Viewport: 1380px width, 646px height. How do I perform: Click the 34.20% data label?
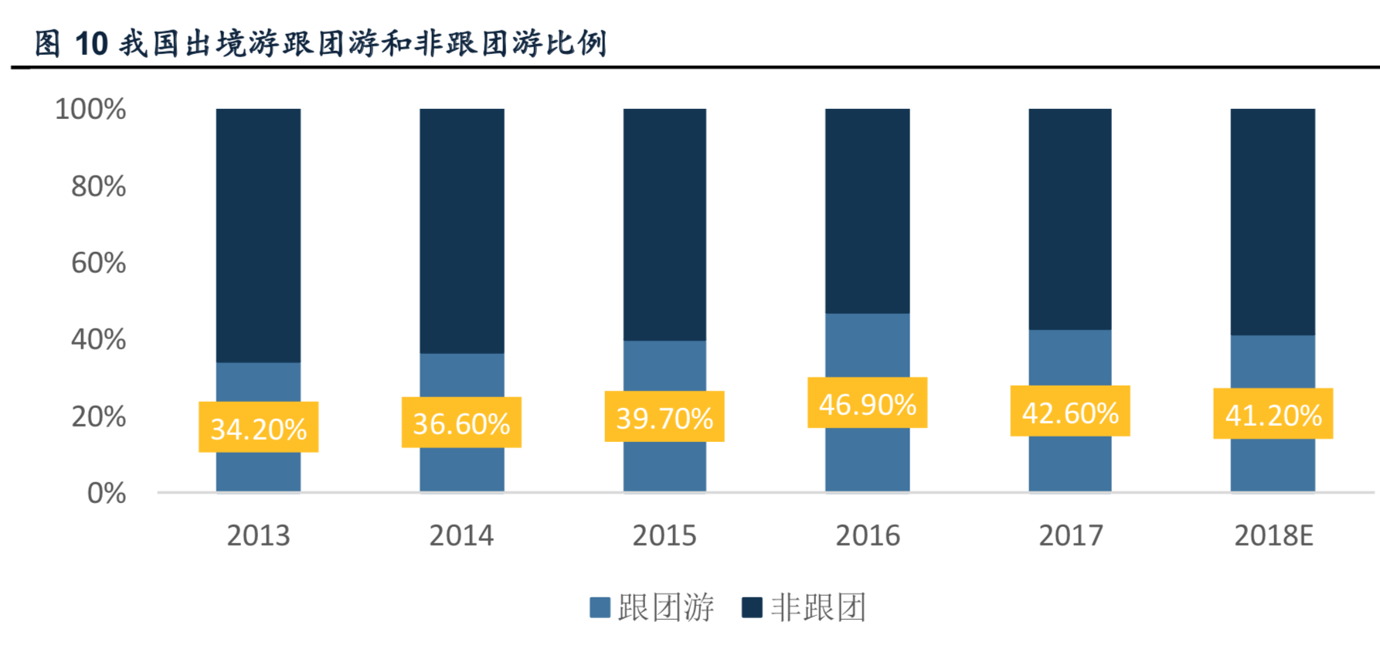click(258, 427)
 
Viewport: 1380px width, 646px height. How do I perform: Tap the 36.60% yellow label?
click(461, 423)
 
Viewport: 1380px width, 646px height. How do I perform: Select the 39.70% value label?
click(665, 417)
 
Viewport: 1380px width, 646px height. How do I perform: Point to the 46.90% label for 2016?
click(867, 403)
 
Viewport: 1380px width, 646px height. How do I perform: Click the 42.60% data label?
click(1070, 412)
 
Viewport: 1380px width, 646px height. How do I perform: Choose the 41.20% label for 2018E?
click(1273, 414)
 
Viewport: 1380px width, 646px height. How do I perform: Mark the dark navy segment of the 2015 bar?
click(665, 224)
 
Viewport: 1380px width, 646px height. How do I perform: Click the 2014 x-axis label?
click(461, 535)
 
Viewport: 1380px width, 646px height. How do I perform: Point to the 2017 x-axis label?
click(1070, 535)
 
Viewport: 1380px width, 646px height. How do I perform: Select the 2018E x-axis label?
click(1273, 535)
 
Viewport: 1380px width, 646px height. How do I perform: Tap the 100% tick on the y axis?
click(90, 109)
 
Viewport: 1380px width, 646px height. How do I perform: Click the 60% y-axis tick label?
click(98, 263)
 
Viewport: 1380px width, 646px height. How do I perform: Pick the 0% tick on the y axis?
click(106, 493)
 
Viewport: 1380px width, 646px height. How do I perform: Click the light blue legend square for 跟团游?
click(600, 607)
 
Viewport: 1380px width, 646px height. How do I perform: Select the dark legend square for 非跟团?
click(752, 607)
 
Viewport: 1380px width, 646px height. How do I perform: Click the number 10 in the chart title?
click(91, 44)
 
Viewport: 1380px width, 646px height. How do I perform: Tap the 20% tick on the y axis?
click(98, 416)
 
